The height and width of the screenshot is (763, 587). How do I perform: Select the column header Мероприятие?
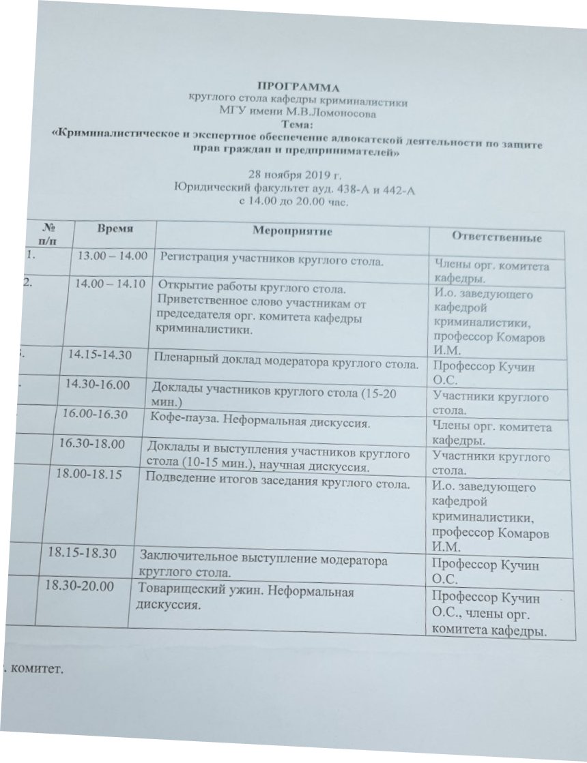point(292,232)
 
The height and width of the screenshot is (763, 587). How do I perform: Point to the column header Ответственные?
point(498,238)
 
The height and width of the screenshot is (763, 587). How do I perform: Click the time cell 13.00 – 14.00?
point(113,256)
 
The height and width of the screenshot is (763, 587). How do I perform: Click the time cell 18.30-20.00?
point(79,586)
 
